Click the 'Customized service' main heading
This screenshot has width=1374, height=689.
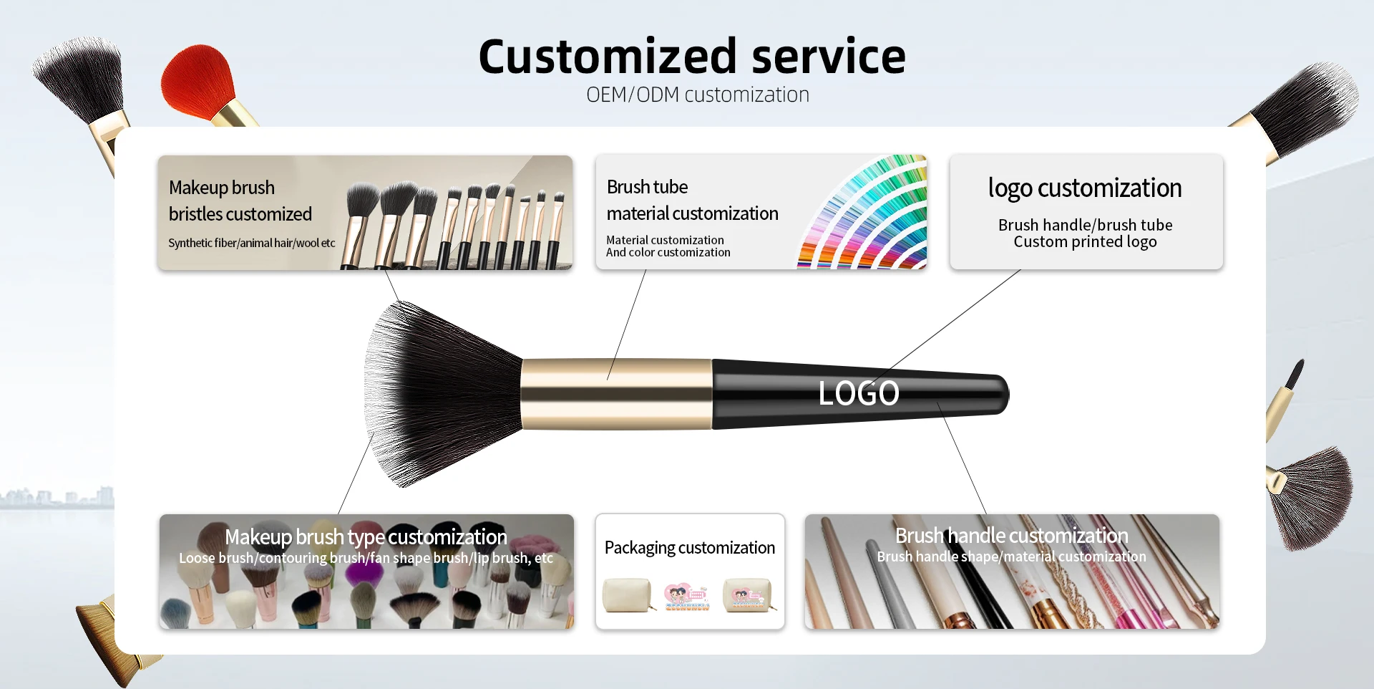pyautogui.click(x=692, y=57)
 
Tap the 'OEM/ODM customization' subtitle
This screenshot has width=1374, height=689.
pyautogui.click(x=698, y=95)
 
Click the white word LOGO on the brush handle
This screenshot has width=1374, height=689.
pyautogui.click(x=859, y=393)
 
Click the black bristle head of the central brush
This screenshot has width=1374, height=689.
pyautogui.click(x=440, y=394)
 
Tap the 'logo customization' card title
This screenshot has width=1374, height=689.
pyautogui.click(x=1085, y=188)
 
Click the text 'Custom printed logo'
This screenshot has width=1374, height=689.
pyautogui.click(x=1085, y=242)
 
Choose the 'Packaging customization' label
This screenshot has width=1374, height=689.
pyautogui.click(x=690, y=548)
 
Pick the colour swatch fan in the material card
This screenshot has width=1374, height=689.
pyautogui.click(x=863, y=212)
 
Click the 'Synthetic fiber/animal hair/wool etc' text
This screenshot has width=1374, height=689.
pyautogui.click(x=252, y=243)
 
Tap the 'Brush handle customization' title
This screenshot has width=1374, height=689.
pyautogui.click(x=1012, y=536)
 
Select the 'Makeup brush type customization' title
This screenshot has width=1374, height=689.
pyautogui.click(x=366, y=537)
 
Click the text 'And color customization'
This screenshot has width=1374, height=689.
pyautogui.click(x=668, y=252)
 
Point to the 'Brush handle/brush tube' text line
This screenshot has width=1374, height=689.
pyautogui.click(x=1086, y=225)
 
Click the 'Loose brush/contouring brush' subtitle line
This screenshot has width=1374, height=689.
pyautogui.click(x=366, y=558)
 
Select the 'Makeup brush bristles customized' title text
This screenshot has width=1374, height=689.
pyautogui.click(x=240, y=201)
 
